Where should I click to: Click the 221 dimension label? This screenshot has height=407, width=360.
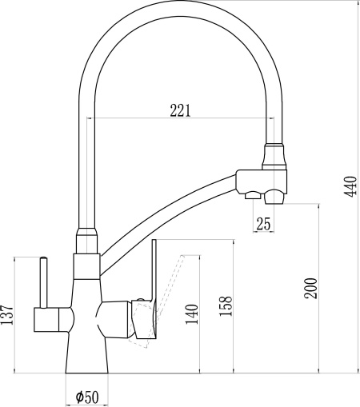click(x=181, y=110)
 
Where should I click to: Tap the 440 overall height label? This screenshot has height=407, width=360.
click(x=350, y=186)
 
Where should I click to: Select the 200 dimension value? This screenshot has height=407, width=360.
click(x=311, y=288)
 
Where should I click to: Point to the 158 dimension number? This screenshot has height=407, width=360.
click(x=226, y=305)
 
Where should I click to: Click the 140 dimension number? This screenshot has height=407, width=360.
click(x=192, y=314)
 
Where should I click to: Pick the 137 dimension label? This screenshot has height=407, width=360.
click(x=7, y=314)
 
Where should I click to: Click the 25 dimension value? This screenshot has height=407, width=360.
click(x=263, y=224)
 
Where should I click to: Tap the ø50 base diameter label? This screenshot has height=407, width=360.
click(x=87, y=397)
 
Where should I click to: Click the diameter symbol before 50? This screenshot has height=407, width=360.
click(x=79, y=397)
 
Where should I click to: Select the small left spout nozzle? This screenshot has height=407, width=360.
click(x=253, y=195)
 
